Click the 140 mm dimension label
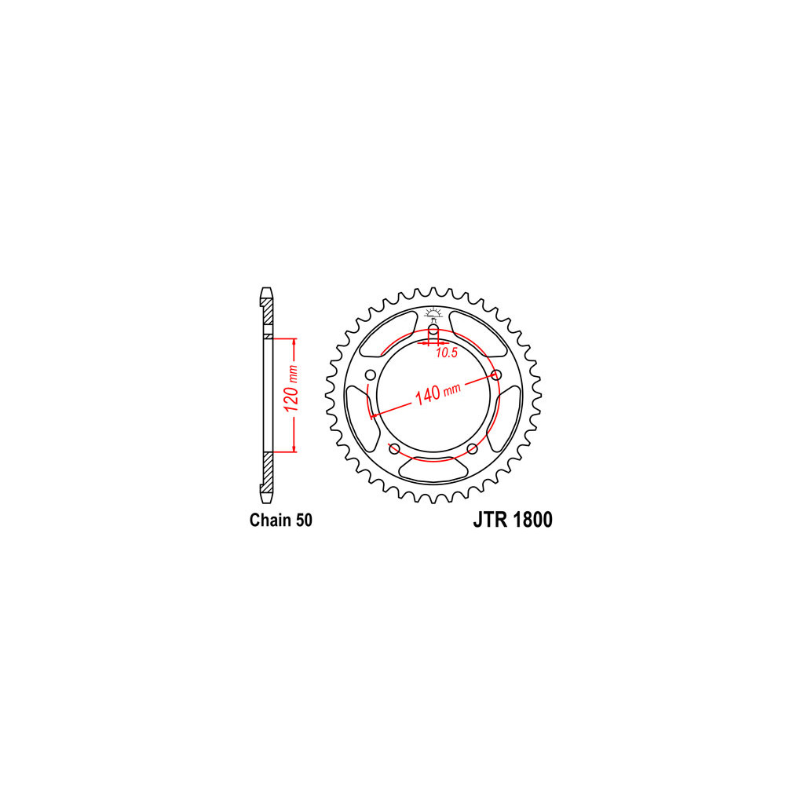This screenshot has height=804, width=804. pos(437,393)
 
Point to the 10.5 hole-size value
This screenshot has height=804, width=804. pos(446,353)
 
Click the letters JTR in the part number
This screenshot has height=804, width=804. pos(490,520)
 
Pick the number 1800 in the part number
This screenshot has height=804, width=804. pos(532,520)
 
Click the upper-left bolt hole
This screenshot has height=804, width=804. pos(371,375)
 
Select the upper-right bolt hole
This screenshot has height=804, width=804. pos(496,375)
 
